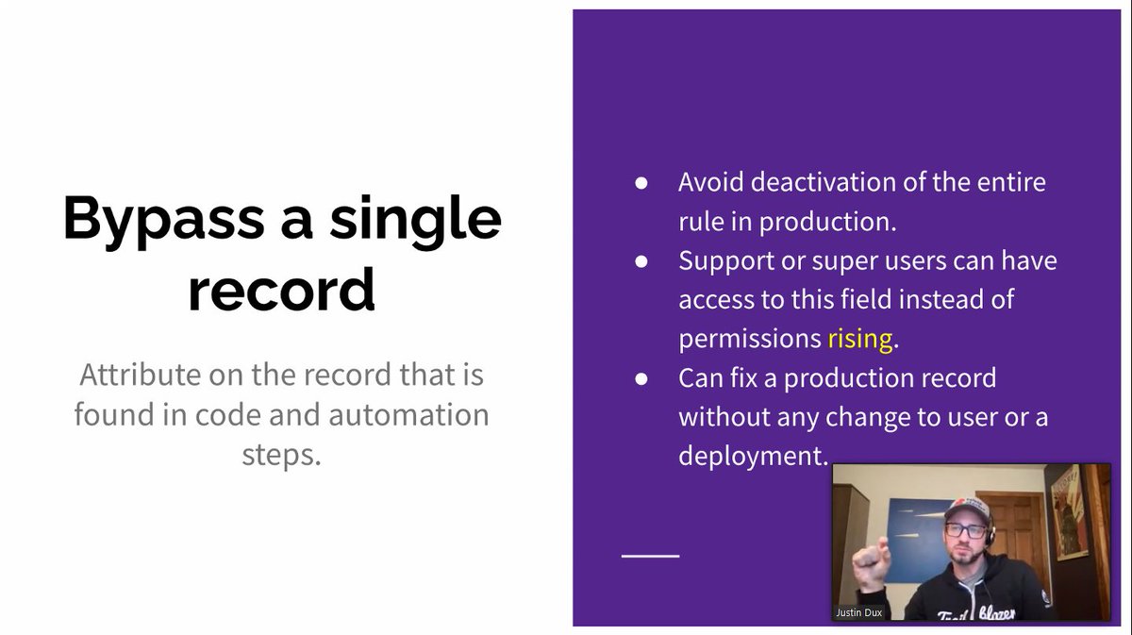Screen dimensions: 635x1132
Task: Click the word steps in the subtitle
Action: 279,454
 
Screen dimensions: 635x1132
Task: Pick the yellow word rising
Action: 859,338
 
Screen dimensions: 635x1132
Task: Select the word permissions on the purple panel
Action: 749,338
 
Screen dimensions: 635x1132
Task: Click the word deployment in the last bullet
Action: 752,456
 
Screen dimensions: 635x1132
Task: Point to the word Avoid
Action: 707,181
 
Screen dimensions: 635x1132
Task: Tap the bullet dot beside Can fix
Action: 641,378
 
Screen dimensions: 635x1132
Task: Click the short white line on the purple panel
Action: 650,556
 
